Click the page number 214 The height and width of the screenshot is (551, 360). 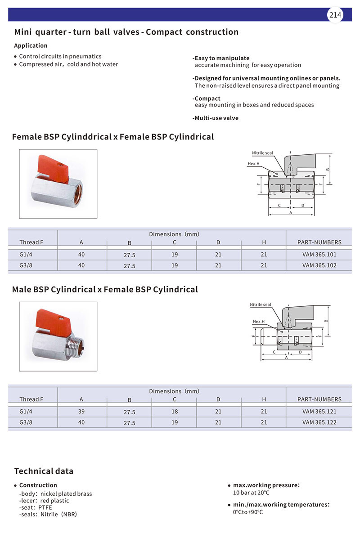[335, 15]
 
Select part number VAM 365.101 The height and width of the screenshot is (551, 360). [319, 255]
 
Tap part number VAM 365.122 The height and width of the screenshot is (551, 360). [319, 422]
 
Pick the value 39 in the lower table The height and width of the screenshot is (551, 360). [81, 412]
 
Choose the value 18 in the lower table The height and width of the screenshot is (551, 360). [175, 412]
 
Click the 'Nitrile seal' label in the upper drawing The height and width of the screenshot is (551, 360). [262, 153]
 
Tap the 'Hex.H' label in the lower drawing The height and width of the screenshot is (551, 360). [258, 322]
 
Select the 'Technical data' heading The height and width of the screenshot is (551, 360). [44, 471]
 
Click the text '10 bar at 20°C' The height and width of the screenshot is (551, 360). [251, 493]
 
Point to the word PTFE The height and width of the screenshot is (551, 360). [45, 507]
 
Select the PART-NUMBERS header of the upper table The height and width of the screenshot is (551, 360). [319, 242]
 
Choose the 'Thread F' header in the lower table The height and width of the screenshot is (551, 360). [31, 399]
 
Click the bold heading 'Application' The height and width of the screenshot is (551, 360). [31, 45]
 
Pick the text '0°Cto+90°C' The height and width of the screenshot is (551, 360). [247, 512]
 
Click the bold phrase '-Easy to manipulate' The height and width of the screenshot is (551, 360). [221, 58]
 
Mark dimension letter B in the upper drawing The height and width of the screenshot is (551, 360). [328, 170]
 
